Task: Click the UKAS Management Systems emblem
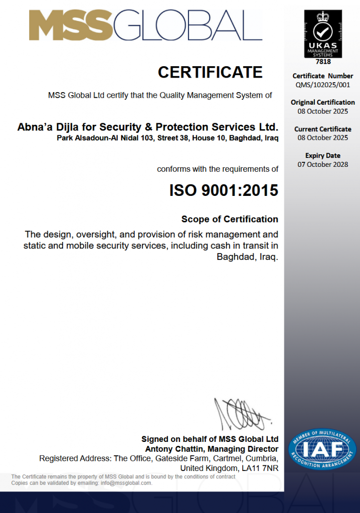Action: [323, 33]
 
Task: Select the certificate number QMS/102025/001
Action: [323, 85]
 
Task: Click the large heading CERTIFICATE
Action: [210, 72]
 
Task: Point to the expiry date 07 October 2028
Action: [323, 164]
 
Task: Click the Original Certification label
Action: [323, 102]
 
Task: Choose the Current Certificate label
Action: [323, 129]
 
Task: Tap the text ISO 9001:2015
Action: [224, 190]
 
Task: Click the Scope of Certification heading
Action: [230, 219]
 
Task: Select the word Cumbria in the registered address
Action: [258, 458]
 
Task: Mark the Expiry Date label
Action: [323, 155]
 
